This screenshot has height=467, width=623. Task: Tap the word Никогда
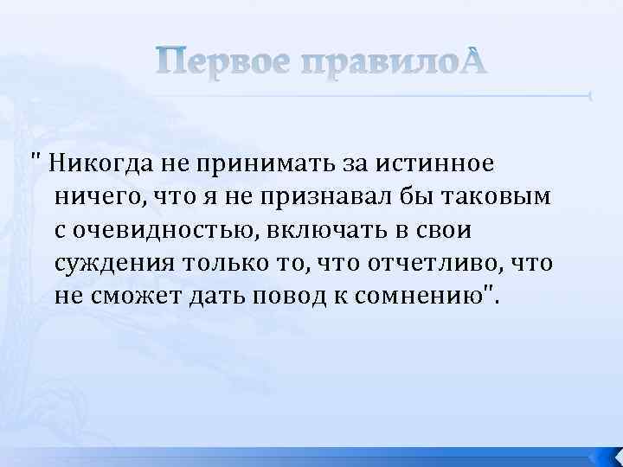100,162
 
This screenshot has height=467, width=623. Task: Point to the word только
229,263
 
